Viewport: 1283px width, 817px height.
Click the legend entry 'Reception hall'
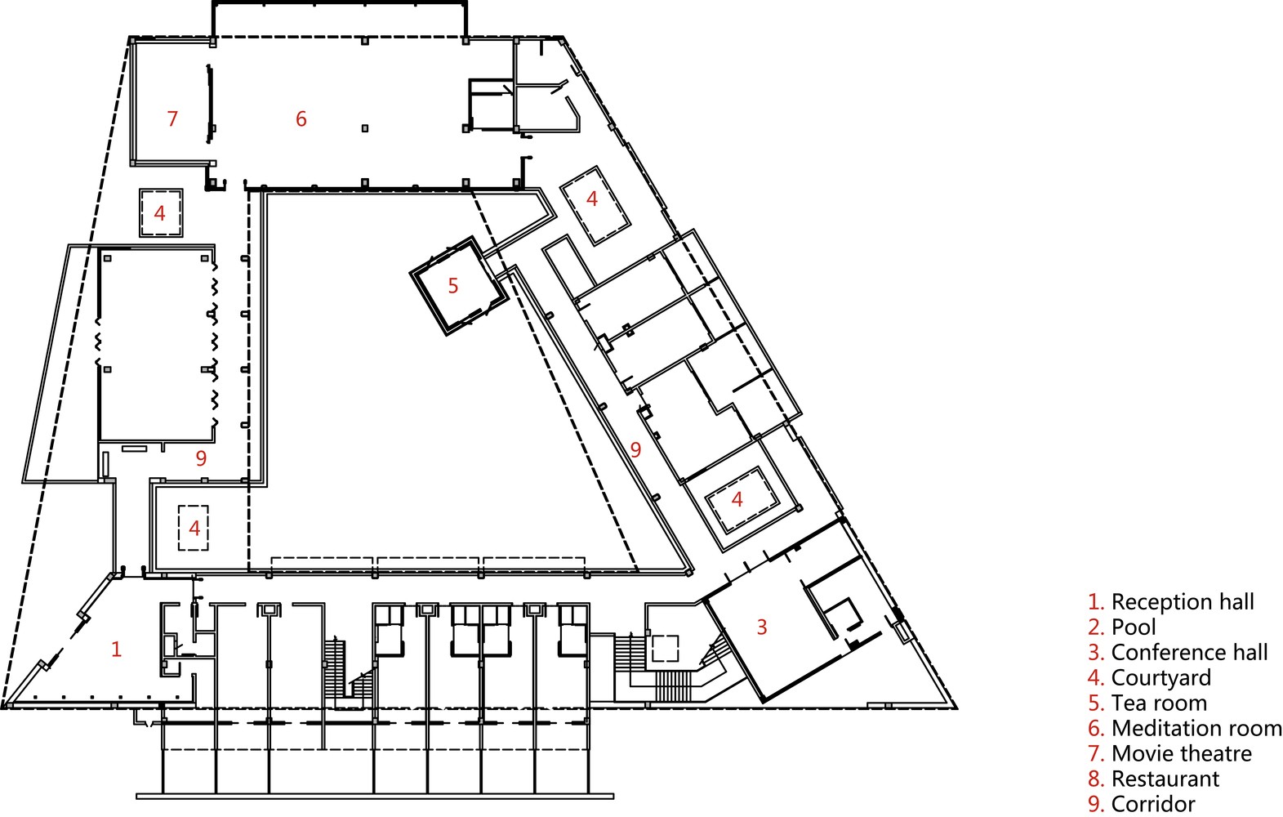click(1182, 602)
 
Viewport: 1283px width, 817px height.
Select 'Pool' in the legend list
click(1133, 627)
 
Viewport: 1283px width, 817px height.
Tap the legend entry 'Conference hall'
click(1188, 653)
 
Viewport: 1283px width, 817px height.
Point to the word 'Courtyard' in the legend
click(1160, 678)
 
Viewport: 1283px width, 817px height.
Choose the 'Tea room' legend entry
click(1158, 703)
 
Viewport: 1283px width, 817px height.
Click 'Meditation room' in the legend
click(1196, 729)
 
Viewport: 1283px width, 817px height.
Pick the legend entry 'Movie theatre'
click(1181, 754)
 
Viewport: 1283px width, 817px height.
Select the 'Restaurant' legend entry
click(1165, 779)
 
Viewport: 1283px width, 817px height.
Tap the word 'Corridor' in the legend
click(1152, 805)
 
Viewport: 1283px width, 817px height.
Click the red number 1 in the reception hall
click(116, 650)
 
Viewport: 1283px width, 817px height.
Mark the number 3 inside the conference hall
click(762, 627)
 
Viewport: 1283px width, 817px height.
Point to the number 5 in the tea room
click(453, 286)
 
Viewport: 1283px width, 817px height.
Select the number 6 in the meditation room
click(301, 119)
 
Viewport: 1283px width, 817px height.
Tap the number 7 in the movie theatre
click(172, 119)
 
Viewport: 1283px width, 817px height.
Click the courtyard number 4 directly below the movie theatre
click(160, 213)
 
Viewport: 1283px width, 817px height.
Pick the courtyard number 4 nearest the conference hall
click(737, 499)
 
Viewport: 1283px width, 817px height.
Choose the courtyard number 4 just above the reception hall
click(194, 528)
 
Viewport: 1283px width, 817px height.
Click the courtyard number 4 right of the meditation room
click(592, 199)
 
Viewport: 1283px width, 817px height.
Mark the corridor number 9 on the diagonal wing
click(635, 449)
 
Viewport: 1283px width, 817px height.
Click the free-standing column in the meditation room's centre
click(365, 128)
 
